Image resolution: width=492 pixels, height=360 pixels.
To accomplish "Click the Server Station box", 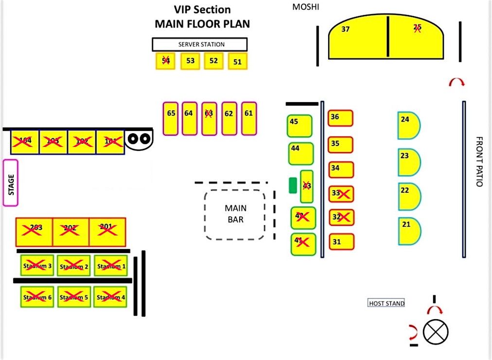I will [x=200, y=44].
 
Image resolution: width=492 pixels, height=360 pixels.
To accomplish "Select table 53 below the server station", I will [x=190, y=61].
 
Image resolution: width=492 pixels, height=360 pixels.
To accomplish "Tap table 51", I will [x=238, y=62].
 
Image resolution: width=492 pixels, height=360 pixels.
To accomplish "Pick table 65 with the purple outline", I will [x=171, y=118].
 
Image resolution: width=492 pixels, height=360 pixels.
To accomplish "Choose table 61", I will [x=248, y=118].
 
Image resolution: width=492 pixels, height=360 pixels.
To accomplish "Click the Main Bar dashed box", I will [x=235, y=214].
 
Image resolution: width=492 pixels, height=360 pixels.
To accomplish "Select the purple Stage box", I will [x=10, y=182].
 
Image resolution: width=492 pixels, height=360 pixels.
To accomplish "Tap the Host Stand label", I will [x=387, y=304].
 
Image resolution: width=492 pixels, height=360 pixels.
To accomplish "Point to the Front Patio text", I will [x=479, y=162].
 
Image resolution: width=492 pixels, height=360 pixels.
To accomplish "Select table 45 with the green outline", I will [x=299, y=126].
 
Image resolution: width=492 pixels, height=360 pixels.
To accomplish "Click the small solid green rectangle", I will [x=292, y=185].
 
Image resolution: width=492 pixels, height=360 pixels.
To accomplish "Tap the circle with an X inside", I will [x=435, y=332].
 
